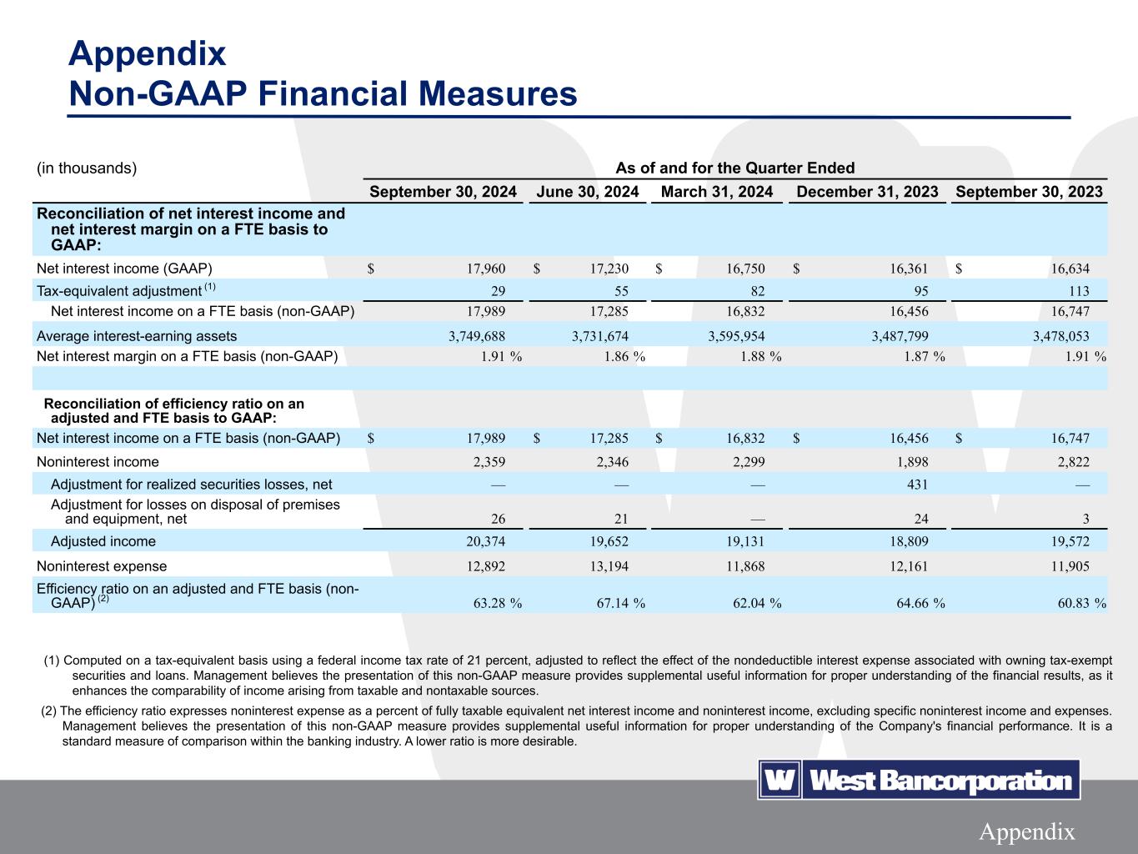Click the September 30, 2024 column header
coord(443,192)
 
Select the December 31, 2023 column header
coord(867,192)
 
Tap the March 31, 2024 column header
coord(716,192)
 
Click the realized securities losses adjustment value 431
coord(915,485)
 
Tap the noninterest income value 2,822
coord(1072,462)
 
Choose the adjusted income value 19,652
coord(609,541)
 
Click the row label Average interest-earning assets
coord(137,336)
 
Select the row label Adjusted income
coord(103,541)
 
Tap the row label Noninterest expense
coord(97,565)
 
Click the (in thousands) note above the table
coord(87,168)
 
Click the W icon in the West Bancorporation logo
coord(779,781)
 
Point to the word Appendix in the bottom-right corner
coord(1026,831)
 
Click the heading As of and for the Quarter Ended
coord(734,168)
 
